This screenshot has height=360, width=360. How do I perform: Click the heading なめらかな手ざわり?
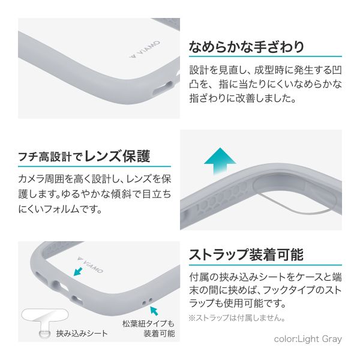click(x=247, y=47)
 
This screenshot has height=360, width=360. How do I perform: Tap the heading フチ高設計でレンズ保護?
click(x=84, y=157)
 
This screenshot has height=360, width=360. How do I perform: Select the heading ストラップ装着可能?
click(x=246, y=254)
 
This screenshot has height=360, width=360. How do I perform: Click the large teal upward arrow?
click(x=220, y=161)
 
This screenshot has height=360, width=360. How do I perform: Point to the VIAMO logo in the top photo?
click(x=145, y=49)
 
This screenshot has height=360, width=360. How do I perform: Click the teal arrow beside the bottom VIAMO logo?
click(x=78, y=271)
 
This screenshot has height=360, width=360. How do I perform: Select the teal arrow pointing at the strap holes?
click(x=154, y=311)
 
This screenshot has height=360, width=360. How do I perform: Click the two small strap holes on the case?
click(x=147, y=301)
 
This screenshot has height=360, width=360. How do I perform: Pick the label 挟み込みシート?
click(x=82, y=334)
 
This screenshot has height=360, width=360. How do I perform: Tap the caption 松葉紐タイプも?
click(x=148, y=323)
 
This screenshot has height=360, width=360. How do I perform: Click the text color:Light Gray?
click(x=308, y=339)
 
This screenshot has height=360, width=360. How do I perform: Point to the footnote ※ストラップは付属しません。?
click(x=237, y=318)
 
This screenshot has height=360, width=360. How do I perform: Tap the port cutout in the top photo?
click(x=163, y=88)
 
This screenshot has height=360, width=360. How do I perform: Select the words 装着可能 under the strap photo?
click(x=160, y=334)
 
